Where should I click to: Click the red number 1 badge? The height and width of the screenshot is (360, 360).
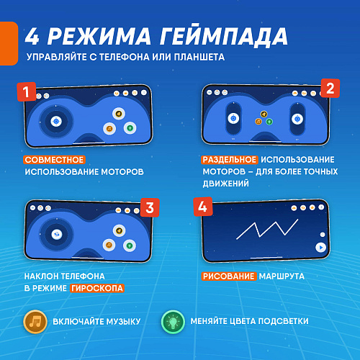tap(27, 91)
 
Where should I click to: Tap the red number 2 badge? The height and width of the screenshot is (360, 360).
tap(330, 89)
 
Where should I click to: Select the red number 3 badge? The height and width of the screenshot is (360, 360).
tap(150, 207)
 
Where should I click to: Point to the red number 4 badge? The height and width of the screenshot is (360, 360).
tap(203, 207)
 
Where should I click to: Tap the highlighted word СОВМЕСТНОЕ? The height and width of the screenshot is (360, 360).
tap(54, 160)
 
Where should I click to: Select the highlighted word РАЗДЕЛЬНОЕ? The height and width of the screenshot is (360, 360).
tap(230, 160)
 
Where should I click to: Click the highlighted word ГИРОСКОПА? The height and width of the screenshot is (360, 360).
tap(97, 288)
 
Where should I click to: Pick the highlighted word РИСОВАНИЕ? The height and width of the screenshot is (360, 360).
tap(229, 276)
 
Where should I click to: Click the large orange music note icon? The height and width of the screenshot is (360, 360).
tap(35, 322)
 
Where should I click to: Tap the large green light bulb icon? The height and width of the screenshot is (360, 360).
tap(173, 322)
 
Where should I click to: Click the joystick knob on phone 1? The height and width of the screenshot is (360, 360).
tap(56, 122)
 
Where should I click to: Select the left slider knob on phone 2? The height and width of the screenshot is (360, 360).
tap(233, 118)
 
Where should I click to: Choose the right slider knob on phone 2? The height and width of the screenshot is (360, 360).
tap(297, 119)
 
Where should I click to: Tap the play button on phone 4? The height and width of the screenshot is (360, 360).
tap(321, 248)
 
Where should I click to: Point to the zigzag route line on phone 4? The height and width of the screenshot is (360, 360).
tap(266, 230)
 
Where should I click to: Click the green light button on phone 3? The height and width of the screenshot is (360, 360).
tap(130, 246)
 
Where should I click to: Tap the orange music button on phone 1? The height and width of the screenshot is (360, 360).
tap(109, 129)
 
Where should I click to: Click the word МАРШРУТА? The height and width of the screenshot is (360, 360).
tap(282, 276)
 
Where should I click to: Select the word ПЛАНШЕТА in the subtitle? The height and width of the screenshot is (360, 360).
tap(199, 57)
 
